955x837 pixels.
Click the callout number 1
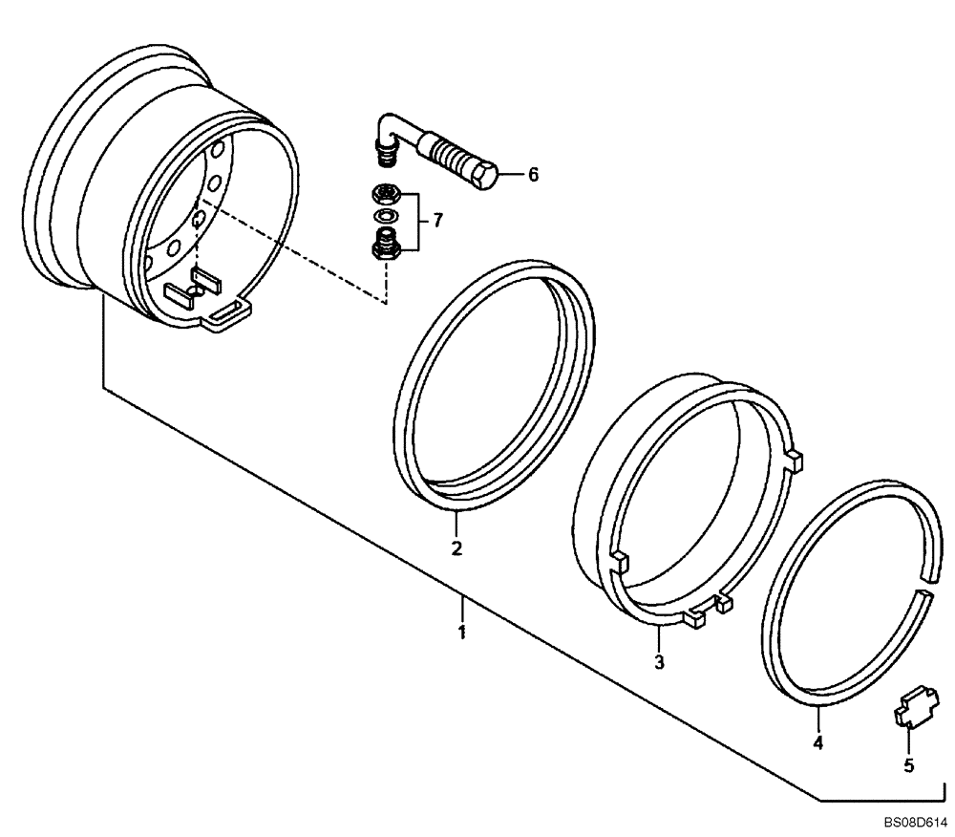point(461,633)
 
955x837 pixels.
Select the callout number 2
point(456,548)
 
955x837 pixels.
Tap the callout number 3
point(659,661)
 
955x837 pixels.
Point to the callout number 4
point(817,740)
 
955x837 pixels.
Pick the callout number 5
point(908,764)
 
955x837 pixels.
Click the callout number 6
point(533,175)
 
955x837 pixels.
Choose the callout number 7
point(437,221)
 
